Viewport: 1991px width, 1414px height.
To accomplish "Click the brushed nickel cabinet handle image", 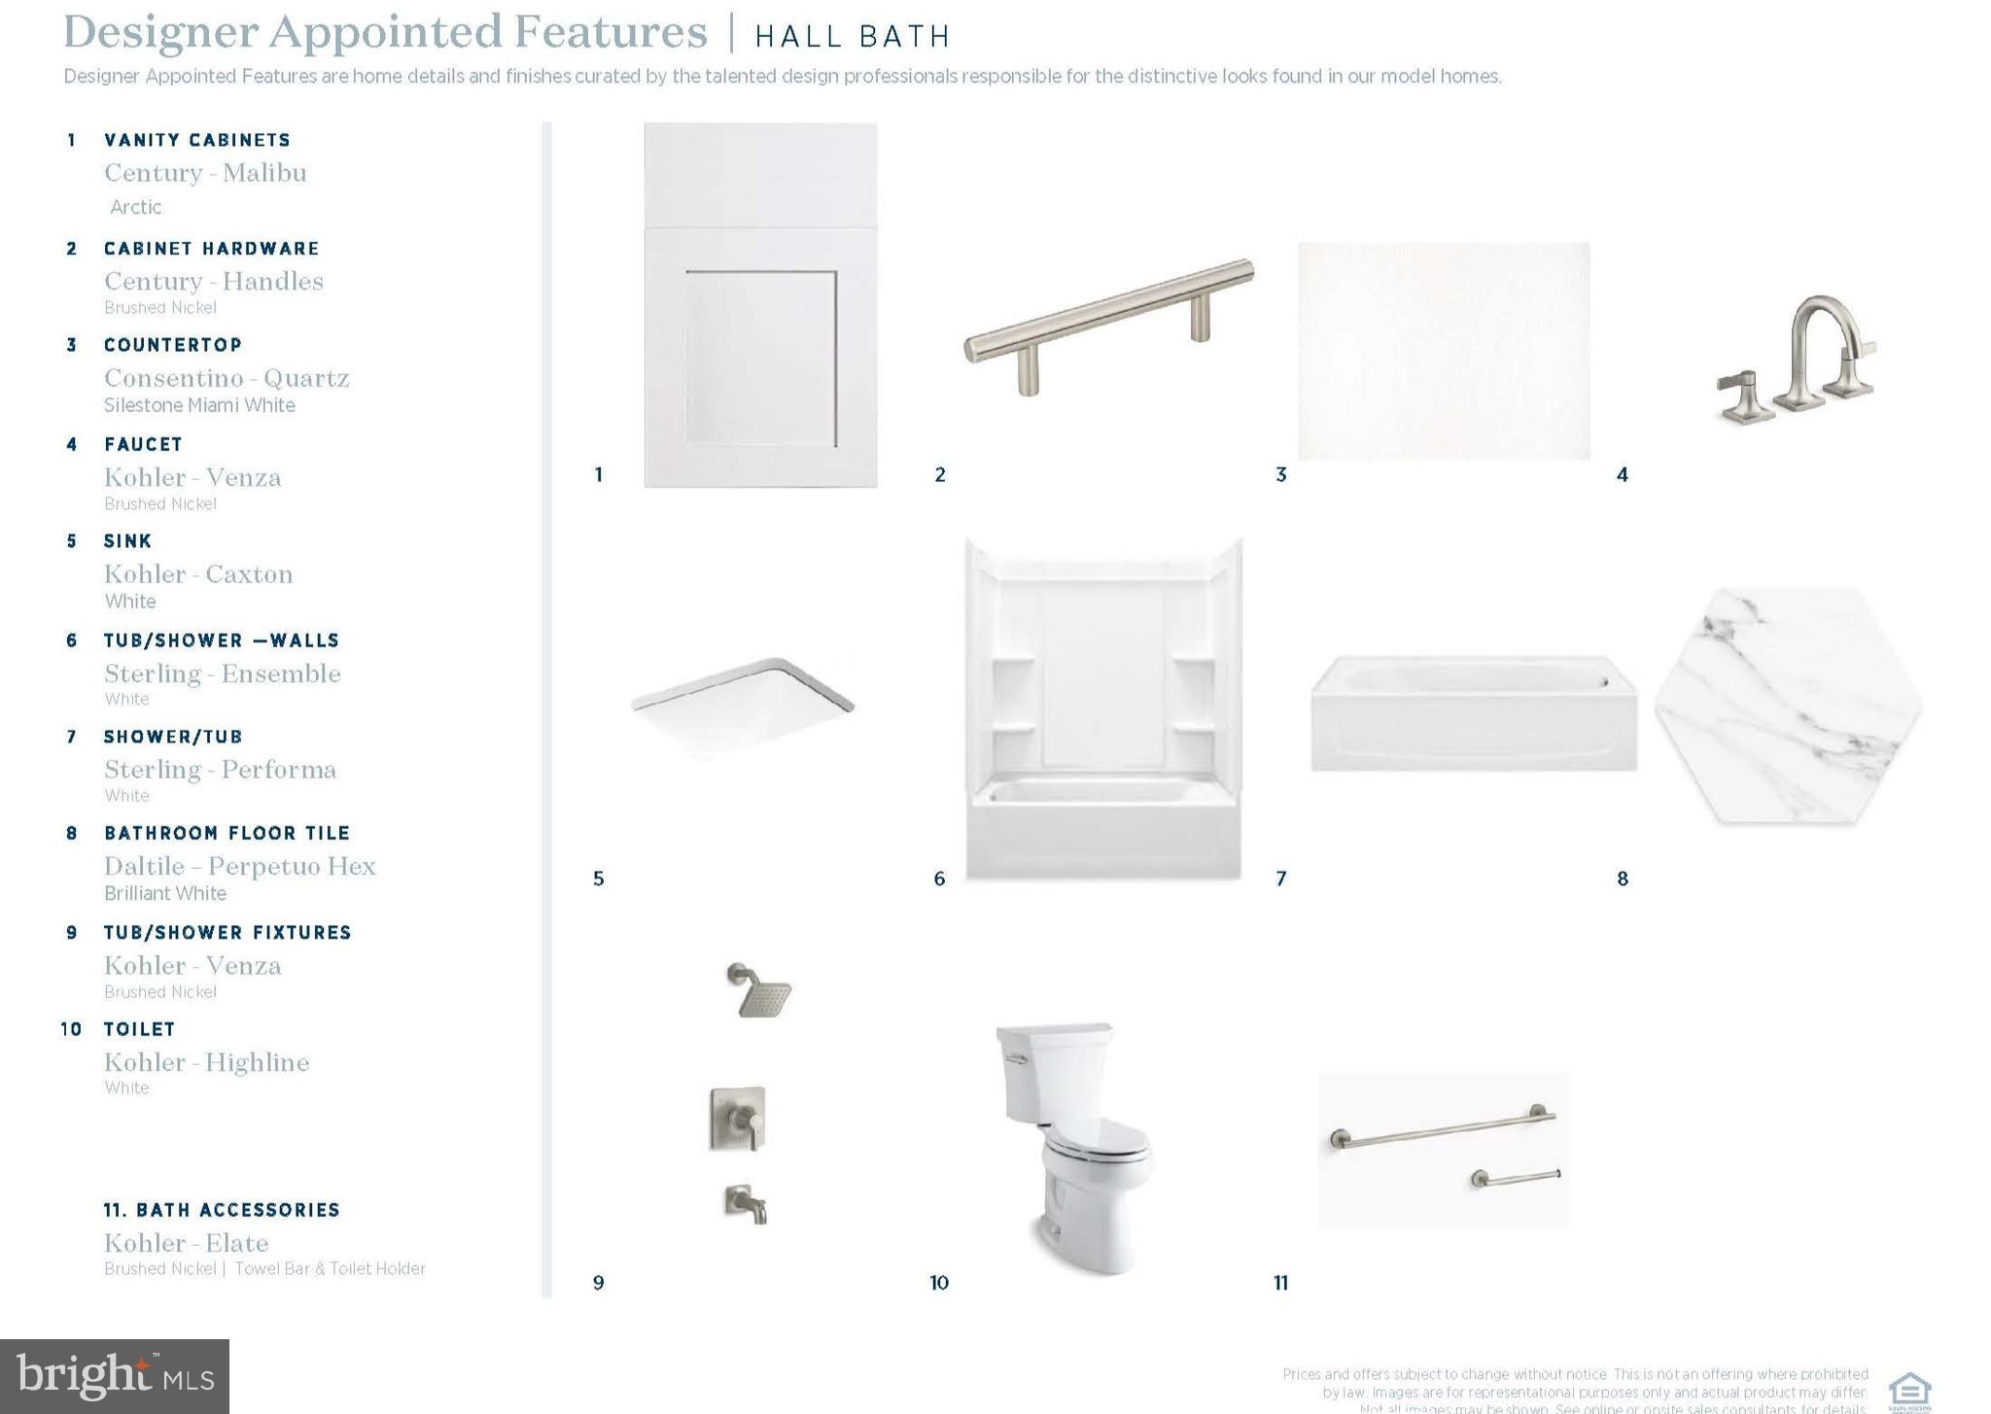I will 1108,325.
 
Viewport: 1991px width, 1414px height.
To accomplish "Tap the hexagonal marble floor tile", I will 1788,707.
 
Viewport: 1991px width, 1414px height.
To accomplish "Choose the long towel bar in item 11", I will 1444,1126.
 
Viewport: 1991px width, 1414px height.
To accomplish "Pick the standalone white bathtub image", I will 1473,714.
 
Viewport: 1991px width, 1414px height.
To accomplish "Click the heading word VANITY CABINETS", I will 197,141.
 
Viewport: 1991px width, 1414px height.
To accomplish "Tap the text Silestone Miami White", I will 199,405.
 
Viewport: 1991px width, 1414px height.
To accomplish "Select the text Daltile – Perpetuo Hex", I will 239,866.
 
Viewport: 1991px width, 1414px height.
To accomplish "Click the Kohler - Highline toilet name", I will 206,1062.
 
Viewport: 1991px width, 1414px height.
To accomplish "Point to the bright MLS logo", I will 115,1376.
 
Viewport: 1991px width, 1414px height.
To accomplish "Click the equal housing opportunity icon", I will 1908,1390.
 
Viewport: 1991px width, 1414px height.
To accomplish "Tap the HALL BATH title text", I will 853,37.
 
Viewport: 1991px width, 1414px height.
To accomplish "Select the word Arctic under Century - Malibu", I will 136,207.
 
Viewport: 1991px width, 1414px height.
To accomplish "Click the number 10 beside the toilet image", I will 939,1283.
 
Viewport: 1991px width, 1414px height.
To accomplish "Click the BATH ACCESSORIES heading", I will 222,1210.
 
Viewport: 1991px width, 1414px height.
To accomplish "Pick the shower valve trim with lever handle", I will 737,1119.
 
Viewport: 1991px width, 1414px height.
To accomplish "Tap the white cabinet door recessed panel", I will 761,358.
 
